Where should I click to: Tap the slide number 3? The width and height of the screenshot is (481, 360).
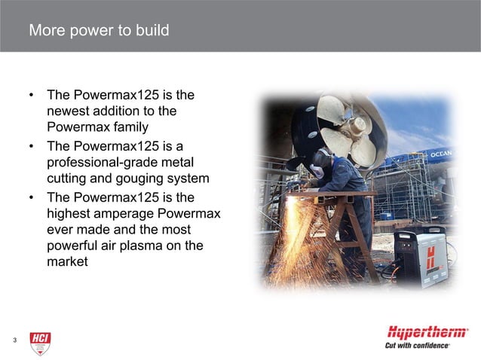click(14, 341)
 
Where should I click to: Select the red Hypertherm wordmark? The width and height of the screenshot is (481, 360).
click(427, 332)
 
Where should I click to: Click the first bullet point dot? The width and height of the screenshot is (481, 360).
click(32, 96)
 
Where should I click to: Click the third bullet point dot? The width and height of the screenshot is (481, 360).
click(32, 198)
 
